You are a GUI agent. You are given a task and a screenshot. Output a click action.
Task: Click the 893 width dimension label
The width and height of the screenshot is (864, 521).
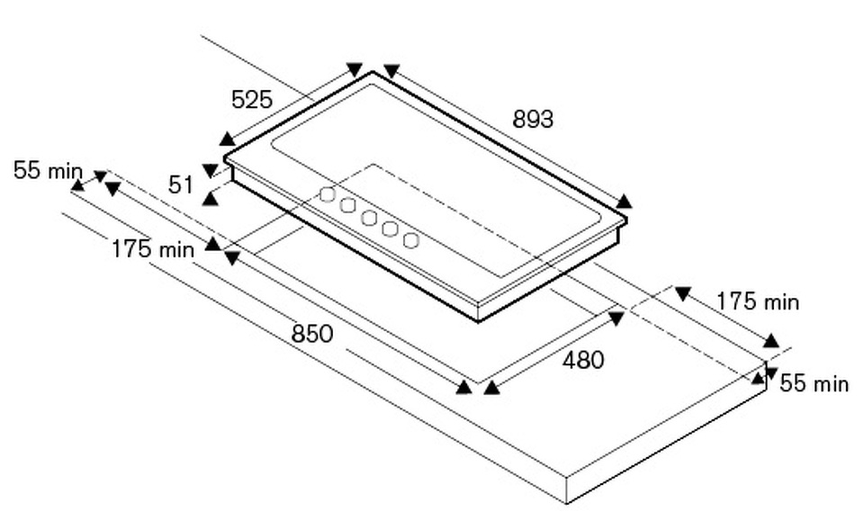tap(533, 119)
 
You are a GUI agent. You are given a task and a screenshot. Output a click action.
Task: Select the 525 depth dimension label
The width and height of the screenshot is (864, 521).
tap(252, 100)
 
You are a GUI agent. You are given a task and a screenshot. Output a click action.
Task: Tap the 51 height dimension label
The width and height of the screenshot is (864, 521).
tap(181, 184)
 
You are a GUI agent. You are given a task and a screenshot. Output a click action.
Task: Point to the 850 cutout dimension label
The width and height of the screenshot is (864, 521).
tap(312, 334)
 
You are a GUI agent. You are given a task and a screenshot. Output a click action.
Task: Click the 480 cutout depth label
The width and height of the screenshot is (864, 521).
tap(583, 361)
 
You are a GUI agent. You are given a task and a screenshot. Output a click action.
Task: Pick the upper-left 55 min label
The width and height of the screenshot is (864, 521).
tap(48, 171)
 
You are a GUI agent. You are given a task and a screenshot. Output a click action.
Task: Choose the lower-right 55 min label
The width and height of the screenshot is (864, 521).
tap(814, 384)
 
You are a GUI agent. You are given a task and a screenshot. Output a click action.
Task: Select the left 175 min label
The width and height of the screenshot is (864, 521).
tap(152, 249)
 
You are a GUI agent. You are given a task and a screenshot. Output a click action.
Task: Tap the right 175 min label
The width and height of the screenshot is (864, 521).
tap(758, 302)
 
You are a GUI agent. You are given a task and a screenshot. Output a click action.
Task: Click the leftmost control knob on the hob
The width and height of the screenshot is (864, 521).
tap(328, 194)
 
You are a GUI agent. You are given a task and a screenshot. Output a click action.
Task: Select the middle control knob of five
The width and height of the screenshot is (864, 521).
tap(369, 218)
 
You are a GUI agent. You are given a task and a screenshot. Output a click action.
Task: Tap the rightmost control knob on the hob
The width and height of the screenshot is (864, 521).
tap(411, 240)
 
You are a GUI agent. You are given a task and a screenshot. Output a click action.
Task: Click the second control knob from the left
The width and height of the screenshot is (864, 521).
tap(348, 205)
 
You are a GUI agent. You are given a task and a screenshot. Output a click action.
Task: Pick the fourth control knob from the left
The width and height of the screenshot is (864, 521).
tap(390, 229)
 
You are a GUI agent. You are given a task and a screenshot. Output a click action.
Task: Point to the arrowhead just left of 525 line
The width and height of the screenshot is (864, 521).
tap(228, 139)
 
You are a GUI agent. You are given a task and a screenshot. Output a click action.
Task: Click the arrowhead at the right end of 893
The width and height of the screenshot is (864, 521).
tap(624, 201)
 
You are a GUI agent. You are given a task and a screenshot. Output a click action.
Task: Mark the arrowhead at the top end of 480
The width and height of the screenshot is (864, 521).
tap(616, 318)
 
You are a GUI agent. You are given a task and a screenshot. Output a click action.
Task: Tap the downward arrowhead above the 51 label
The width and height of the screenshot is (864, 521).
tap(211, 169)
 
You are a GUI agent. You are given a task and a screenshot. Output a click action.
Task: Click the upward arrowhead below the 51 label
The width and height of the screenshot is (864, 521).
tap(210, 198)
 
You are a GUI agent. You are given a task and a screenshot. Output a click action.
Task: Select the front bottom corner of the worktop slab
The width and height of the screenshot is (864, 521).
tap(566, 502)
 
